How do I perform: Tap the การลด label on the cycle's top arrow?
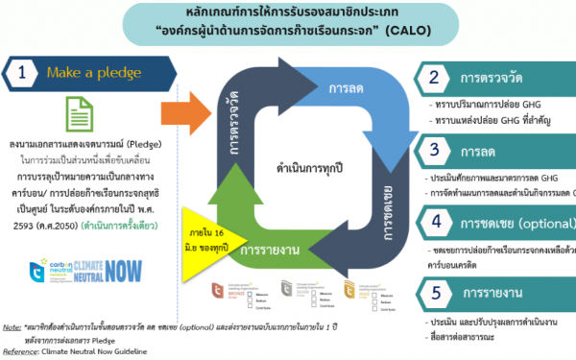pos(344,88)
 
